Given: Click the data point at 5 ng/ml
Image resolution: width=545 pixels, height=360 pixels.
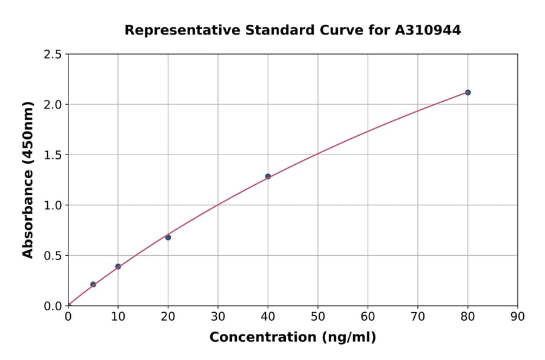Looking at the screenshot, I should (x=93, y=284).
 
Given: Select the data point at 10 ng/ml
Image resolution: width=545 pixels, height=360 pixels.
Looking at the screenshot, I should (x=118, y=267).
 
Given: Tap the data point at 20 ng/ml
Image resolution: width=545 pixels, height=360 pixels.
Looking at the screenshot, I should (x=168, y=238).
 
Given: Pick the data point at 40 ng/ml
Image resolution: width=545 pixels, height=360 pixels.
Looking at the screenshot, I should (x=268, y=176).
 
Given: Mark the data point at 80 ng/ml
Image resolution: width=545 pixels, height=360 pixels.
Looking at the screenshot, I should (x=467, y=92).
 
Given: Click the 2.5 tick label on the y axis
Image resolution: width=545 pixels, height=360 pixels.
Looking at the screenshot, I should (x=52, y=55).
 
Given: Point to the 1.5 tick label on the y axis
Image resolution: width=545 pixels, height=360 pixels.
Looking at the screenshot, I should (x=52, y=155).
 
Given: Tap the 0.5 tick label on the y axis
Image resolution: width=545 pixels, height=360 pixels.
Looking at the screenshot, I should (x=52, y=256).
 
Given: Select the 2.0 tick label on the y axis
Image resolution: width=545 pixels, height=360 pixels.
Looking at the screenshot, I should (x=52, y=105).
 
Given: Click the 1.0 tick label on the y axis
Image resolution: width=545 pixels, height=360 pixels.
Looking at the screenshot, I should (x=52, y=205).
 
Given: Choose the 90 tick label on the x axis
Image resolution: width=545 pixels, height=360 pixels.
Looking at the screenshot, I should (x=517, y=316).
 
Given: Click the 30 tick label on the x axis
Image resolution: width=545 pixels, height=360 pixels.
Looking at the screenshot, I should (x=218, y=316).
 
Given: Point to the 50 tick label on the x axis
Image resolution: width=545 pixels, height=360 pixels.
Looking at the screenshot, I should (x=317, y=316).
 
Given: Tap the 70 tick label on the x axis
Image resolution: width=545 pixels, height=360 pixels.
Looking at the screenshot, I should (x=417, y=316).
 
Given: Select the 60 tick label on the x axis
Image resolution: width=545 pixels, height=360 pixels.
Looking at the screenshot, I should (x=368, y=316).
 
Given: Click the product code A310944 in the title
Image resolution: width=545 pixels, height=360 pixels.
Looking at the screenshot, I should (x=428, y=30).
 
